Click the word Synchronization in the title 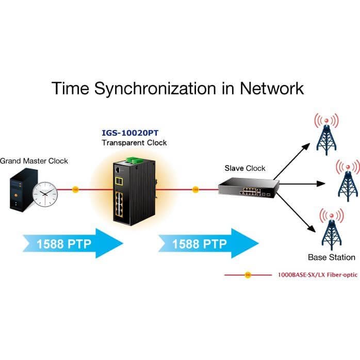[155, 89]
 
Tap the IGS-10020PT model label [130, 133]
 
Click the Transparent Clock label [134, 143]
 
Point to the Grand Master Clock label [34, 161]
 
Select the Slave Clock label [245, 168]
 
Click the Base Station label [332, 257]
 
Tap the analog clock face [45, 194]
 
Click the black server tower [23, 190]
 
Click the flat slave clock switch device [249, 187]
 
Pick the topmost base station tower [326, 134]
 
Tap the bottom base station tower [332, 229]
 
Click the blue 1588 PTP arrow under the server [73, 243]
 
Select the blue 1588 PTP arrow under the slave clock [208, 243]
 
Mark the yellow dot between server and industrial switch [75, 190]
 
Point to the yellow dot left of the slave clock [195, 190]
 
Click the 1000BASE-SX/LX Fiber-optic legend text [318, 275]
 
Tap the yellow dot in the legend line [248, 275]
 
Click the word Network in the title [272, 88]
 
